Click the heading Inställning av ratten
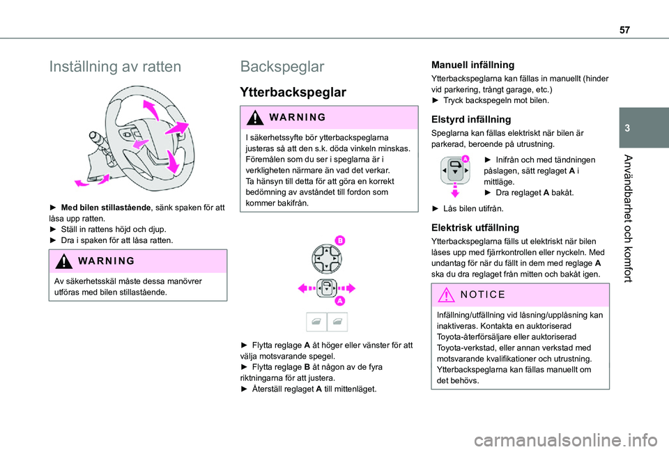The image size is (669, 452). (x=116, y=67)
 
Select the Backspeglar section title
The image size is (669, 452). (x=282, y=67)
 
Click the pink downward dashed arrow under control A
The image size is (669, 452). (x=454, y=194)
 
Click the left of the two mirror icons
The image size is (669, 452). (x=316, y=322)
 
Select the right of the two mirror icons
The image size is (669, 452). (x=337, y=322)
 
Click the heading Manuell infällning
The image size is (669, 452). (x=472, y=65)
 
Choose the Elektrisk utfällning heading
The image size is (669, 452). (x=475, y=227)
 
